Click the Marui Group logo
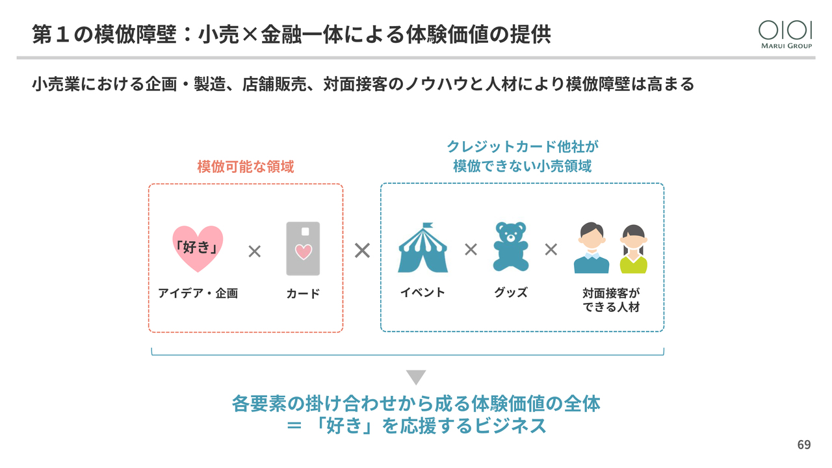785,34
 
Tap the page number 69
804,445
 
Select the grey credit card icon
303,249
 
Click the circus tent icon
423,250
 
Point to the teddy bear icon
511,247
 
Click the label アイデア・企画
198,293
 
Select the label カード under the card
303,294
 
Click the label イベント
422,292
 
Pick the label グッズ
511,292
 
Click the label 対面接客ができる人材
611,300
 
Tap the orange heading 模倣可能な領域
246,167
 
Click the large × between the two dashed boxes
362,250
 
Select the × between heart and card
254,252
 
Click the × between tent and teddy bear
471,250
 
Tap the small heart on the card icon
303,252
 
